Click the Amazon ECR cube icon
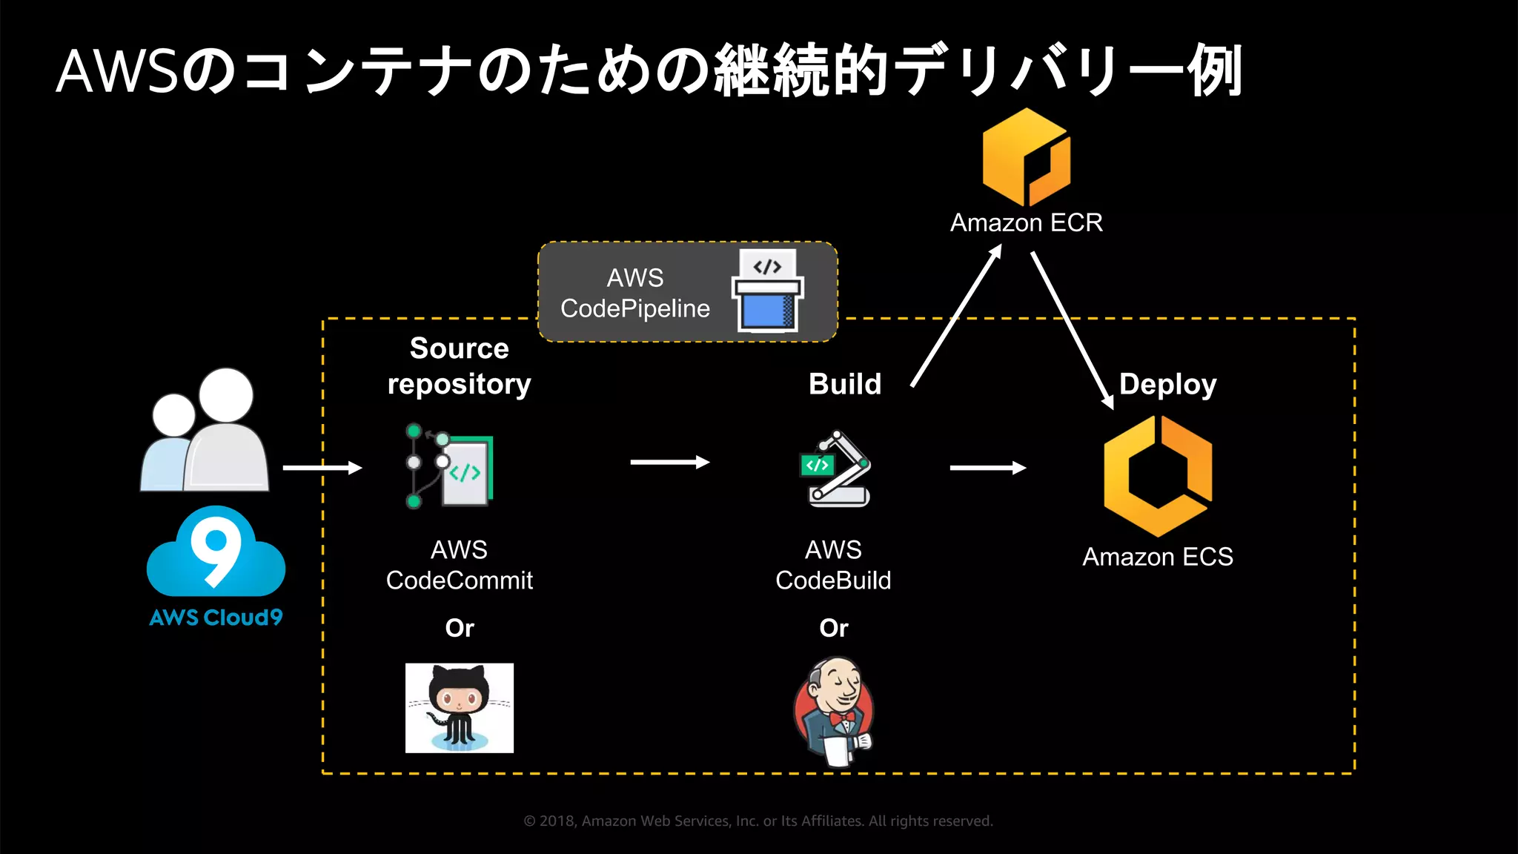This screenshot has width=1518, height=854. point(1027,157)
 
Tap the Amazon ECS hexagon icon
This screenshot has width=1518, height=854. point(1158,476)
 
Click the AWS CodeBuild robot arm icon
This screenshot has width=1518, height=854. point(837,469)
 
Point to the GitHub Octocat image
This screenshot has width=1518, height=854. point(460,708)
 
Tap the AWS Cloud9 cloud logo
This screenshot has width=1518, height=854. point(216,553)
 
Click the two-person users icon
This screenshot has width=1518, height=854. point(205,431)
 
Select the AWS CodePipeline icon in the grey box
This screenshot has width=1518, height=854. point(768,291)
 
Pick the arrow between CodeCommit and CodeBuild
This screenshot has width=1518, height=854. point(670,463)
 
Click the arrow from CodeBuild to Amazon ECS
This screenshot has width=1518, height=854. point(988,468)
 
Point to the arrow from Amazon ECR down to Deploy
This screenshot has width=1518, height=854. point(1072,330)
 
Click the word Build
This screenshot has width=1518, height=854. point(845,384)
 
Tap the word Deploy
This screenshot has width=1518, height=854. point(1167,384)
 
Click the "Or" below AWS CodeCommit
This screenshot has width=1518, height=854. point(460,628)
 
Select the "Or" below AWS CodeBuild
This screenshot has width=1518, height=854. point(834,628)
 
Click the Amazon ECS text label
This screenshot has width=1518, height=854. point(1158,557)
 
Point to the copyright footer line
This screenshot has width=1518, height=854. point(758,821)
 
